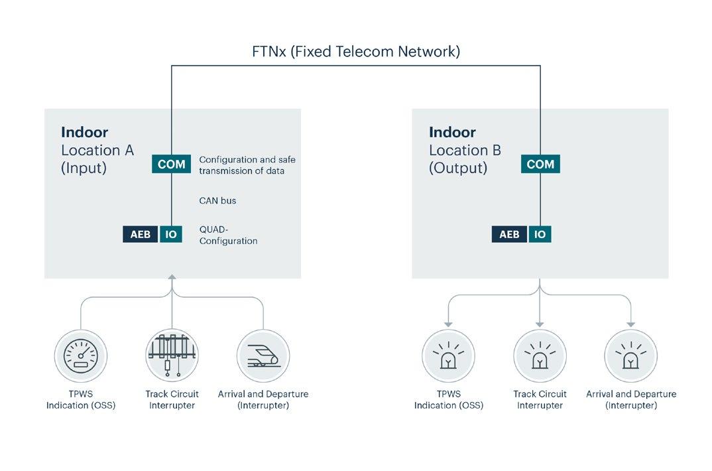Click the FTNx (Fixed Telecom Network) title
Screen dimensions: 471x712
pos(355,51)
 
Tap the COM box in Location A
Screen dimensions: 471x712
pos(172,164)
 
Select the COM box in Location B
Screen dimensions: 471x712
pos(540,164)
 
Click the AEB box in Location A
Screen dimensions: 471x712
pos(141,234)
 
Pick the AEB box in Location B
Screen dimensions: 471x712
pos(509,234)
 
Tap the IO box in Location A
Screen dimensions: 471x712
pos(171,234)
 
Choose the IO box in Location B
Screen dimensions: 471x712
pos(540,234)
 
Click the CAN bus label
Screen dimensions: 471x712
pos(217,200)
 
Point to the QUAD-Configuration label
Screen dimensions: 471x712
pos(228,235)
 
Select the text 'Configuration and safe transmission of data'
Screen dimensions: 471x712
pos(247,165)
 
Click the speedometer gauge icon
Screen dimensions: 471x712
pos(81,356)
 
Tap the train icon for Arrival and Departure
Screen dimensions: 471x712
pos(263,356)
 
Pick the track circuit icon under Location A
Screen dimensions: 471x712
pos(172,356)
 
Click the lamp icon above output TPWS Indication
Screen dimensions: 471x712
pos(448,356)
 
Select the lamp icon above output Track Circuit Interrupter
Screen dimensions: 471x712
pos(540,356)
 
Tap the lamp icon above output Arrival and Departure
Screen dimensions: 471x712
pos(630,356)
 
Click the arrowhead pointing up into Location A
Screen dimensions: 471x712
pos(172,279)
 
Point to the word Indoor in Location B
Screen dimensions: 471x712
pos(452,132)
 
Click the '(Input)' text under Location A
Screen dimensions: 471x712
pos(84,168)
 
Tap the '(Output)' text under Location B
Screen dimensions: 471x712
pos(457,168)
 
